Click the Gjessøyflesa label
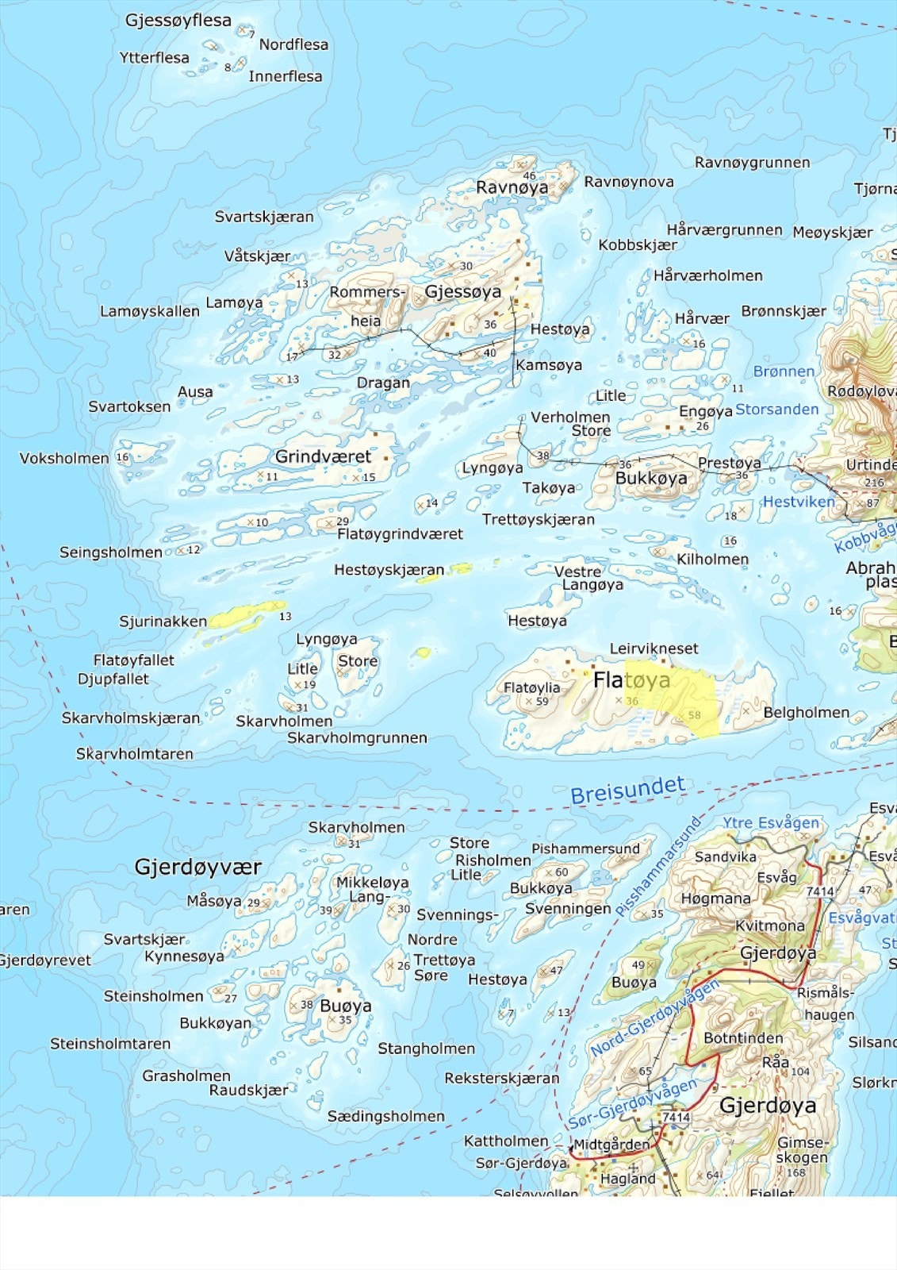(178, 21)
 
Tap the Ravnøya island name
(512, 188)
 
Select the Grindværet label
(323, 456)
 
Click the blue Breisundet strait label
(627, 790)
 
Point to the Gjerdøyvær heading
(198, 867)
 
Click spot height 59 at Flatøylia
(542, 701)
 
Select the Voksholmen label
(63, 459)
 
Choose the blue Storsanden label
(776, 410)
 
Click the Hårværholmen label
(707, 276)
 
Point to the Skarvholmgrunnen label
(357, 738)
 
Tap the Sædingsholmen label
(385, 1117)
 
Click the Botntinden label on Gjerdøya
(743, 1038)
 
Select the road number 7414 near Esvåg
(819, 891)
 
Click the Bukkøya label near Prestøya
(651, 479)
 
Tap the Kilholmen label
(712, 560)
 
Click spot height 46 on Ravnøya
(529, 175)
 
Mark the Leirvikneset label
(654, 648)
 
